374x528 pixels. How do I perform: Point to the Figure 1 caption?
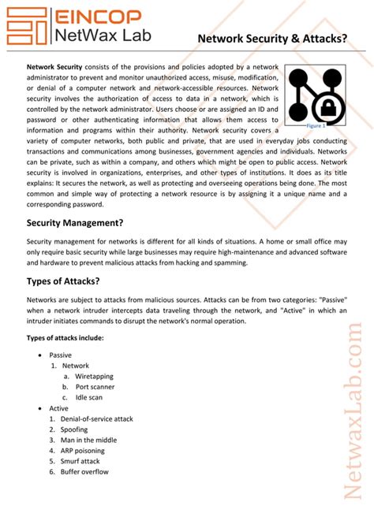click(316, 125)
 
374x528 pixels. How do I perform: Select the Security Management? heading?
click(75, 223)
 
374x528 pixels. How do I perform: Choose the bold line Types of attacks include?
click(65, 338)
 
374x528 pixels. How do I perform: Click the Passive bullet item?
click(60, 355)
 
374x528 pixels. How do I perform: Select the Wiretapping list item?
click(94, 376)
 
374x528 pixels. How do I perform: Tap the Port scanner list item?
click(95, 387)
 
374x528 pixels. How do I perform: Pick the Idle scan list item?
click(90, 397)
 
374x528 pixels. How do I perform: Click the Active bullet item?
click(58, 408)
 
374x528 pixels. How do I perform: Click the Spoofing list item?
click(74, 429)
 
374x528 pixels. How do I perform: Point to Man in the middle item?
click(88, 440)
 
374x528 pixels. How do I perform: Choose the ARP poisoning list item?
click(82, 451)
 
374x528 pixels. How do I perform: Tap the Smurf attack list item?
click(80, 461)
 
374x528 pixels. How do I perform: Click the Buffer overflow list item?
click(84, 471)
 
